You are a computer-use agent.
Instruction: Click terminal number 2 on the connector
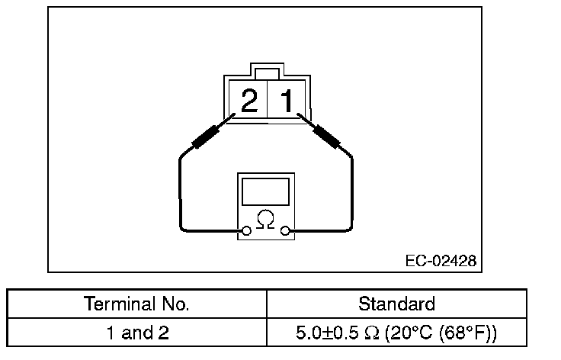click(x=248, y=101)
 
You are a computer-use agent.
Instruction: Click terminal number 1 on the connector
click(x=287, y=101)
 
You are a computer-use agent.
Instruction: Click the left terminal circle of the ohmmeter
click(x=246, y=230)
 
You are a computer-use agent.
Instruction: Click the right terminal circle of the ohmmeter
click(x=285, y=230)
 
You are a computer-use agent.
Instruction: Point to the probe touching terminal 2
click(x=207, y=137)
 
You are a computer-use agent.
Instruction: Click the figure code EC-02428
click(x=441, y=260)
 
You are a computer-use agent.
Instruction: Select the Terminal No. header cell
click(x=137, y=304)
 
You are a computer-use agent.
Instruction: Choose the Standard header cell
click(x=396, y=304)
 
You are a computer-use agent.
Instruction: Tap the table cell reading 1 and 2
click(x=137, y=333)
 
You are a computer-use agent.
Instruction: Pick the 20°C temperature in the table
click(x=412, y=333)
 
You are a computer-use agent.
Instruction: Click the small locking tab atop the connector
click(x=266, y=73)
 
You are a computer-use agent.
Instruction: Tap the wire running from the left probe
click(x=180, y=191)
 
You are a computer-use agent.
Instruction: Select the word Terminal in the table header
click(x=114, y=304)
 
